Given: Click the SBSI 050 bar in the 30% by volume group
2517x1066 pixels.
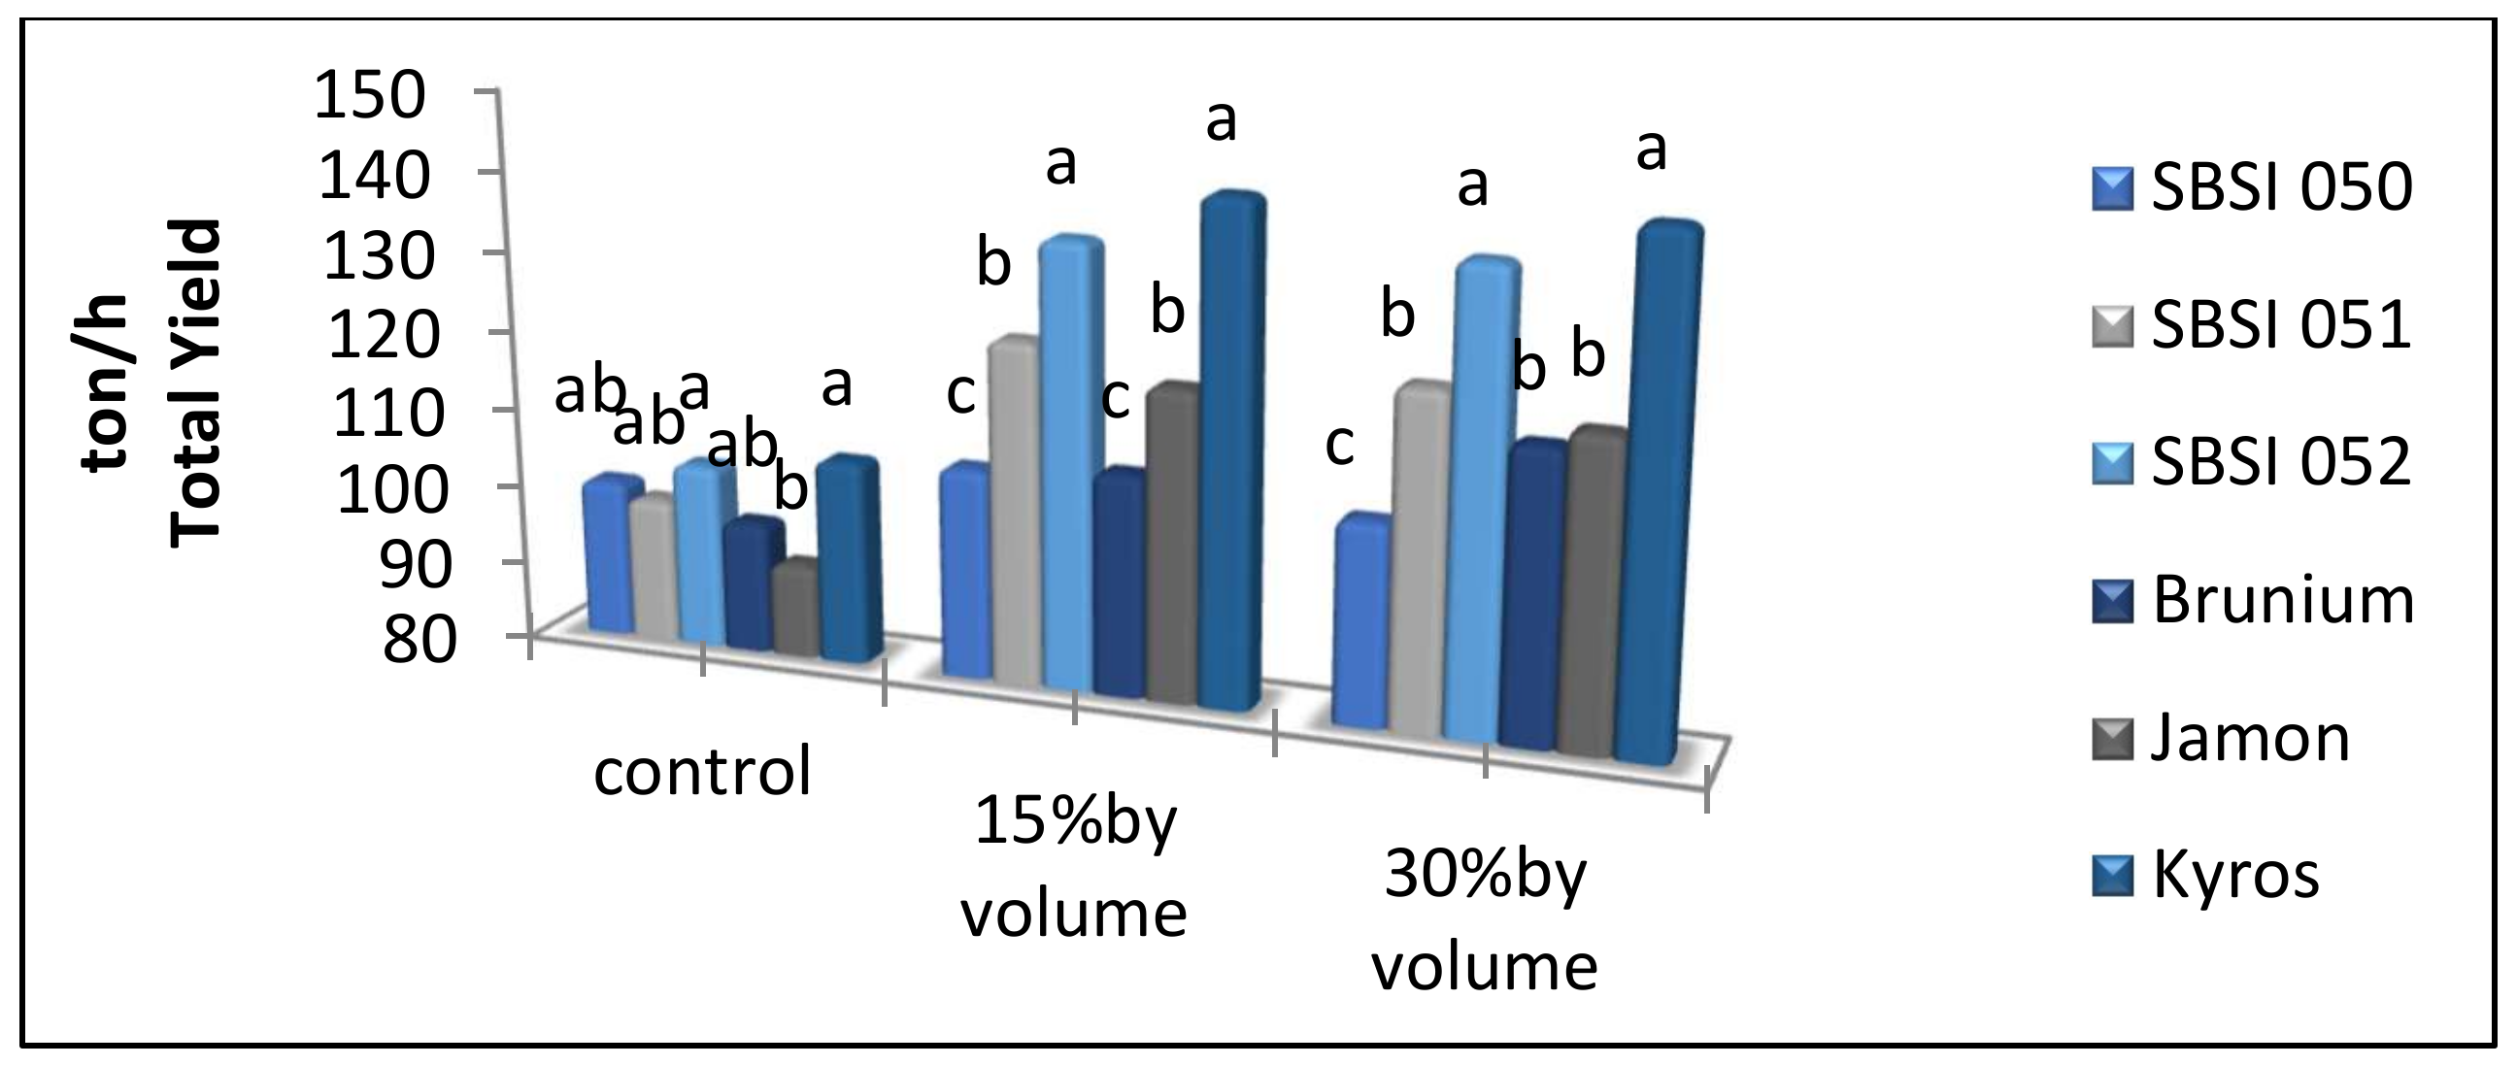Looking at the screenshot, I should pos(1360,625).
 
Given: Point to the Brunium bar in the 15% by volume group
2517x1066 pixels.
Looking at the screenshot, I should pos(1120,586).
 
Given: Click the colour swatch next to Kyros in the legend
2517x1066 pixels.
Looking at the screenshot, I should pos(2114,876).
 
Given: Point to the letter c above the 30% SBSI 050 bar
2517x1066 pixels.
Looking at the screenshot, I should pos(1339,445).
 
